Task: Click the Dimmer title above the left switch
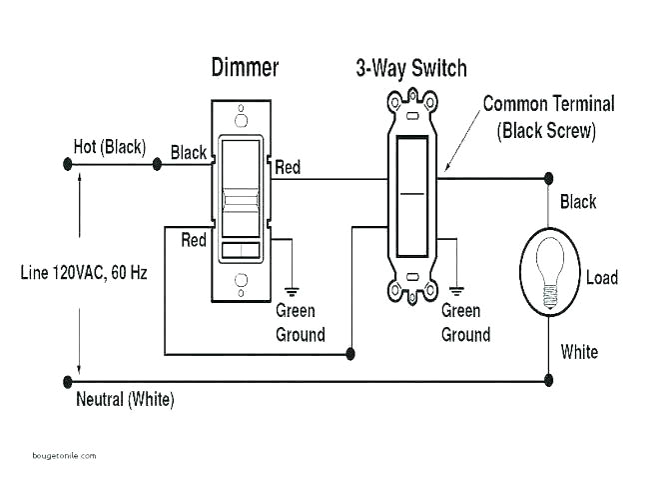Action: click(245, 67)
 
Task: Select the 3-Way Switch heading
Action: click(411, 68)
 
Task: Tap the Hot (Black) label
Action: click(109, 147)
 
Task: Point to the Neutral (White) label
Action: click(125, 400)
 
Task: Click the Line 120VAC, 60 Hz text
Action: click(84, 272)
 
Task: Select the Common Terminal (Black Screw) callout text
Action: click(548, 116)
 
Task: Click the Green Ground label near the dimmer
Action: click(300, 322)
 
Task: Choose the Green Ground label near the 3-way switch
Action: click(465, 322)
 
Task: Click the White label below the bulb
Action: click(579, 351)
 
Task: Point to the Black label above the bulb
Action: click(578, 202)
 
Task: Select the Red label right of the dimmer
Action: click(288, 166)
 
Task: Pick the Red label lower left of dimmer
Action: click(194, 240)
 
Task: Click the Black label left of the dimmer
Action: click(189, 153)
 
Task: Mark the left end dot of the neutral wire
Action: click(68, 381)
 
